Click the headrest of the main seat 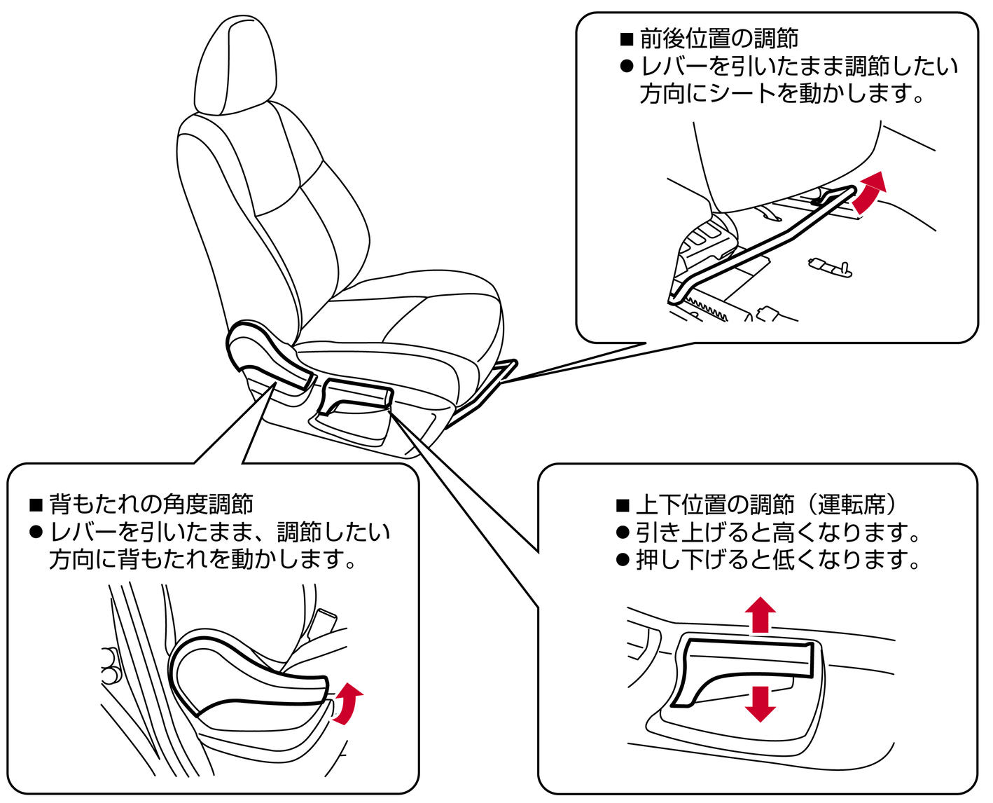235,65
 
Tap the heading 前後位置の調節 719,39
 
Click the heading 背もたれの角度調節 151,504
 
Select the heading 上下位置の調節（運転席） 766,505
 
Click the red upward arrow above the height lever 760,615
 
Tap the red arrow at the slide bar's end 869,192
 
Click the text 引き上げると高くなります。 778,533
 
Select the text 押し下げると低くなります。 778,561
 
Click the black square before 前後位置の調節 627,39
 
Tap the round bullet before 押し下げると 623,560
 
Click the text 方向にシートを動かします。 782,94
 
